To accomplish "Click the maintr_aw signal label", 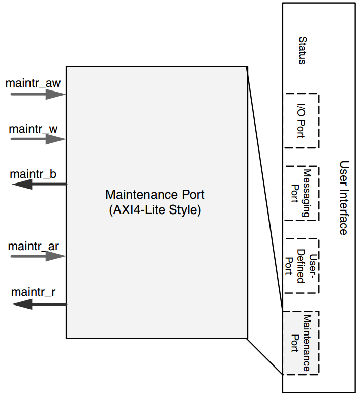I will [x=33, y=82].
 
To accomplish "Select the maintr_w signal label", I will [x=33, y=128].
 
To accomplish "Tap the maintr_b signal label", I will [x=33, y=174].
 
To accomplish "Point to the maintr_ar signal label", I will [x=33, y=247].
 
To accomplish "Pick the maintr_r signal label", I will [x=33, y=292].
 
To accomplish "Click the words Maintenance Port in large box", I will [x=155, y=194].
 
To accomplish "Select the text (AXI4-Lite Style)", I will [x=155, y=210].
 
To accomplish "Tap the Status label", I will [x=302, y=50].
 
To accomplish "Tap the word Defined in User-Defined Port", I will [x=301, y=266].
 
